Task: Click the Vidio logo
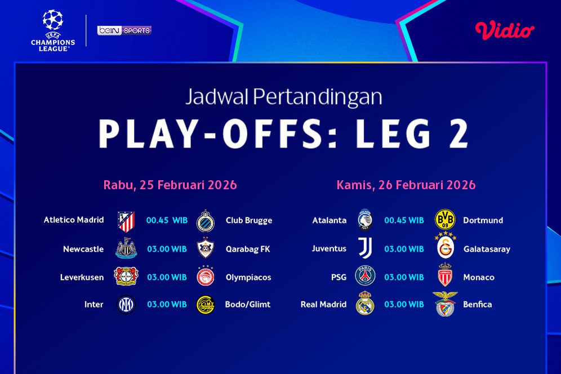(505, 30)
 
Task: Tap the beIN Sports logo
(124, 30)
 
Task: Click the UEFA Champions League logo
(53, 31)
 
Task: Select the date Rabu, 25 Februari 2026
(170, 185)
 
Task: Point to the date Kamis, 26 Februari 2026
(406, 185)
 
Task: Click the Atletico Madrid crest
(126, 221)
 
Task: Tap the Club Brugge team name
(249, 220)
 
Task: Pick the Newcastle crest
(126, 248)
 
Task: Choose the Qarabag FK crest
(206, 249)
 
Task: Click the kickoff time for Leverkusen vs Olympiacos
(167, 277)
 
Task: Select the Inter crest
(126, 305)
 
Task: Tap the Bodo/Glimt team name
(248, 305)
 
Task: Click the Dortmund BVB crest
(445, 220)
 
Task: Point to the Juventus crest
(366, 248)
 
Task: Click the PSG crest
(365, 276)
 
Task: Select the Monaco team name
(479, 277)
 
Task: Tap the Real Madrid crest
(365, 303)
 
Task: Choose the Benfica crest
(445, 304)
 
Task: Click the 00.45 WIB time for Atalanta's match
(404, 220)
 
